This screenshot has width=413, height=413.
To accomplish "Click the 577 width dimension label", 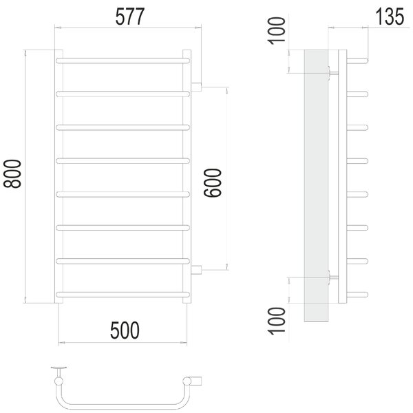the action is [130, 17].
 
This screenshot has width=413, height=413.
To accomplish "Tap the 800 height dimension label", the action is [12, 174].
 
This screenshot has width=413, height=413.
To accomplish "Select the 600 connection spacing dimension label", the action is [213, 183].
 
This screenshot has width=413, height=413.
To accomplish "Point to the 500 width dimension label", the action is [125, 330].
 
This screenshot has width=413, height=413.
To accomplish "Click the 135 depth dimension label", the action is [390, 17].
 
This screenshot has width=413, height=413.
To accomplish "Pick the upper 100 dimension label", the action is [277, 31].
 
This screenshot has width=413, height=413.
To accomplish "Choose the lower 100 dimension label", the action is [277, 321].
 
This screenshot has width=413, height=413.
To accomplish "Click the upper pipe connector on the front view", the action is [196, 87].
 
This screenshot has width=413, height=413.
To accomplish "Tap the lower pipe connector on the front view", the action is [196, 270].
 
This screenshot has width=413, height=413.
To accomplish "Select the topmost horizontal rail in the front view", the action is [123, 61].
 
